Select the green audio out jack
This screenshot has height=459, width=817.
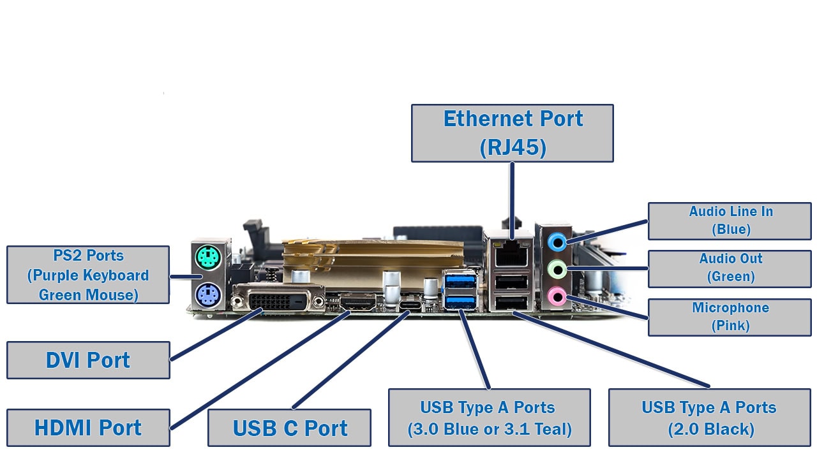pyautogui.click(x=557, y=269)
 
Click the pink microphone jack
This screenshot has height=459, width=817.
pyautogui.click(x=557, y=295)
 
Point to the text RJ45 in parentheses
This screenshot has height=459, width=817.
pyautogui.click(x=513, y=147)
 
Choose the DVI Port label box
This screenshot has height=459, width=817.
pyautogui.click(x=88, y=360)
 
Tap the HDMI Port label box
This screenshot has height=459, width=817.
pyautogui.click(x=88, y=428)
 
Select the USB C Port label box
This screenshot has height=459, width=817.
pyautogui.click(x=289, y=428)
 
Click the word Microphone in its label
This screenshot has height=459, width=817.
pyautogui.click(x=730, y=308)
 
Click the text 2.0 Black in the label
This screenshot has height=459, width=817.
pyautogui.click(x=711, y=430)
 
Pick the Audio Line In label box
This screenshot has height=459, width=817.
pyautogui.click(x=730, y=221)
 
